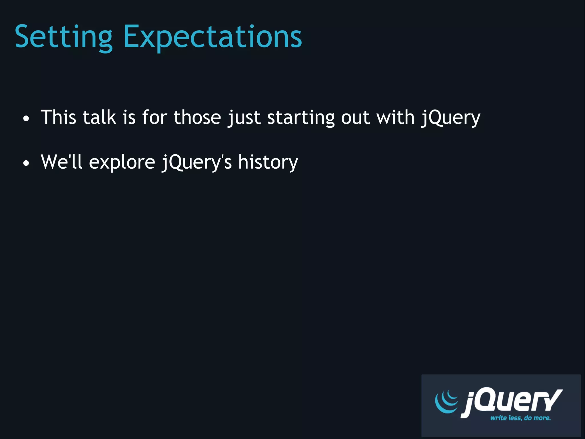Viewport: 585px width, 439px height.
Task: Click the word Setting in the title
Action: click(x=63, y=37)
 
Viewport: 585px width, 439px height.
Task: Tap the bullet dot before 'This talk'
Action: click(x=26, y=119)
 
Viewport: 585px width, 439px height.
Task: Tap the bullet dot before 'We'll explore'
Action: click(x=26, y=163)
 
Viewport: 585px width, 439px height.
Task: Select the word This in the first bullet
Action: click(x=59, y=117)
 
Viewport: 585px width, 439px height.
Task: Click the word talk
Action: click(x=99, y=117)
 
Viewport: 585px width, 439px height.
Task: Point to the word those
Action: click(x=197, y=117)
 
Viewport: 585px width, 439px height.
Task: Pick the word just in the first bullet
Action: click(x=244, y=118)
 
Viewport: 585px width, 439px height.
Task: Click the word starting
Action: click(x=301, y=118)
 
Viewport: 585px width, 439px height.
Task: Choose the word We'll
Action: click(x=61, y=162)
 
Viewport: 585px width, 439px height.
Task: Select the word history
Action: click(x=268, y=162)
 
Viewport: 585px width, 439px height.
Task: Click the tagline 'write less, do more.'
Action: click(x=520, y=418)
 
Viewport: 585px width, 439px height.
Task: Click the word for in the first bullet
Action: click(x=155, y=117)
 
